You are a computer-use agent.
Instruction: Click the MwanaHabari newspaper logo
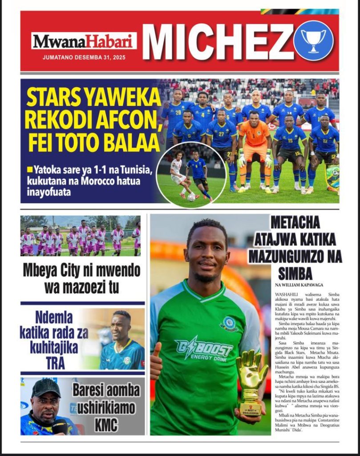[x=84, y=41]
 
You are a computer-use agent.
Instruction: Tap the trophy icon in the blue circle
[x=313, y=41]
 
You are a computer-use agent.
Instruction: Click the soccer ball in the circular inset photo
[x=191, y=197]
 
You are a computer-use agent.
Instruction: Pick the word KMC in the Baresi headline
[x=106, y=425]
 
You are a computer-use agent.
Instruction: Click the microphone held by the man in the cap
[x=59, y=426]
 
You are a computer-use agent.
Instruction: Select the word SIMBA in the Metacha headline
[x=295, y=272]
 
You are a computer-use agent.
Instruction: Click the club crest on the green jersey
[x=229, y=324]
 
